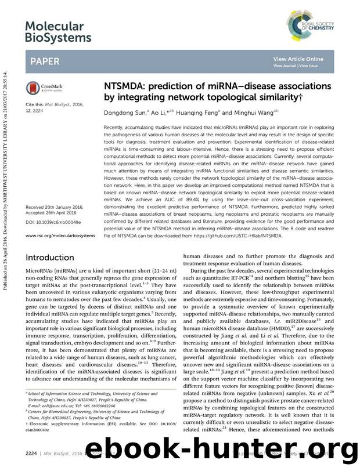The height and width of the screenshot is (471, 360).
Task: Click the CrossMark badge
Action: (x=43, y=89)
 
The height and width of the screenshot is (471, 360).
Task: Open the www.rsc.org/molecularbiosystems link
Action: (x=60, y=236)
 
